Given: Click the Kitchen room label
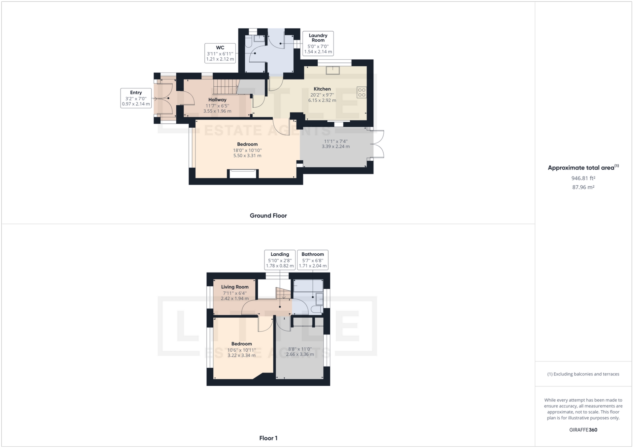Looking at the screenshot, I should point(322,89).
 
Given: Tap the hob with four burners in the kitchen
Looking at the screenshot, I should point(362,92).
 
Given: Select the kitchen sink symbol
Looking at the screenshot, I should point(333,70).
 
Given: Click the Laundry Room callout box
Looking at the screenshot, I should point(318,43).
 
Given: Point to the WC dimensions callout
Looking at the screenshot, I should point(220,53).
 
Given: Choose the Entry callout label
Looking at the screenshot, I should point(136,98).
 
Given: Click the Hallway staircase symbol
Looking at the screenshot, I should point(226,87).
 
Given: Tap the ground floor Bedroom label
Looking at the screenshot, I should point(247,144).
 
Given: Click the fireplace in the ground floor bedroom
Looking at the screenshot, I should point(243,174).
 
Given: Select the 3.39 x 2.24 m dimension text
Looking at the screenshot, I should point(335,146).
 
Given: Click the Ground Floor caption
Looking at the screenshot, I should point(268,216).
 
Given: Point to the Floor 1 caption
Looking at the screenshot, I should point(268,438).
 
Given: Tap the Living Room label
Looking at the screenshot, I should point(235,287).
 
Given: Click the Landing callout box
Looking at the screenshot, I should point(280,260).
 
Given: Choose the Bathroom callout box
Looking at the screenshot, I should point(312,260).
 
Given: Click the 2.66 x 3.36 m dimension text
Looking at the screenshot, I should point(300,354).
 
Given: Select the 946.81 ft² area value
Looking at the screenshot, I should point(583,178).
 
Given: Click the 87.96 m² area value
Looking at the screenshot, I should point(583,187).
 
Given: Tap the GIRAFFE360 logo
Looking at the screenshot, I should point(583,430).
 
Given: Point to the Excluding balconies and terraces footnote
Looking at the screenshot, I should point(583,374).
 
